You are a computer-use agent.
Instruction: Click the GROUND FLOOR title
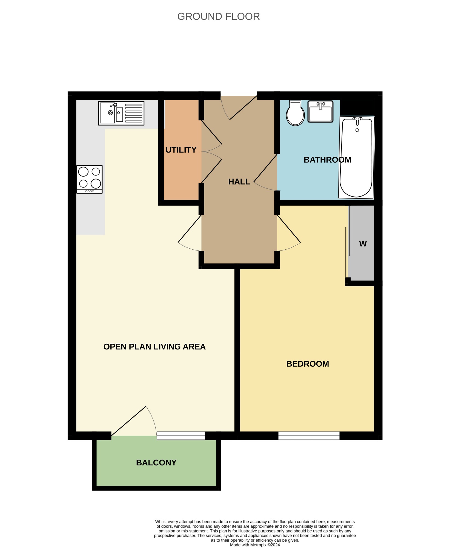click(x=218, y=17)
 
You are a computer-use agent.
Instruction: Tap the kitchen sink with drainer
click(x=121, y=113)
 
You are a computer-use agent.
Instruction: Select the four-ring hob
click(x=90, y=179)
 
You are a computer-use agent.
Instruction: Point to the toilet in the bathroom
click(x=295, y=113)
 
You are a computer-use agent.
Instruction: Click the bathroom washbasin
click(x=320, y=111)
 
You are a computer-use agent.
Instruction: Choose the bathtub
click(x=356, y=157)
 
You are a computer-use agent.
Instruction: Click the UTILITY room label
click(x=181, y=150)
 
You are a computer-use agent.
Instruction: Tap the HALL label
click(x=239, y=182)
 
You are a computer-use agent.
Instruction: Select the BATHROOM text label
click(x=328, y=160)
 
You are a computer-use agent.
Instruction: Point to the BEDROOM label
click(x=308, y=364)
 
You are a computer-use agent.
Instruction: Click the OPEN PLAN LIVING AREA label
click(x=154, y=347)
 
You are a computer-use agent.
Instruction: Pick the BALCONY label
click(x=156, y=463)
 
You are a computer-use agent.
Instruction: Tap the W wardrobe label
click(x=363, y=244)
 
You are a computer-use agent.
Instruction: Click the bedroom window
click(x=309, y=436)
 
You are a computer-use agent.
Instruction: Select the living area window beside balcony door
click(x=181, y=436)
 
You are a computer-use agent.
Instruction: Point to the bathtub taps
click(x=357, y=119)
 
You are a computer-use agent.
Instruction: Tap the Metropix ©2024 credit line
click(x=255, y=545)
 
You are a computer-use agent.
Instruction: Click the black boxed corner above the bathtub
click(x=357, y=108)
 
